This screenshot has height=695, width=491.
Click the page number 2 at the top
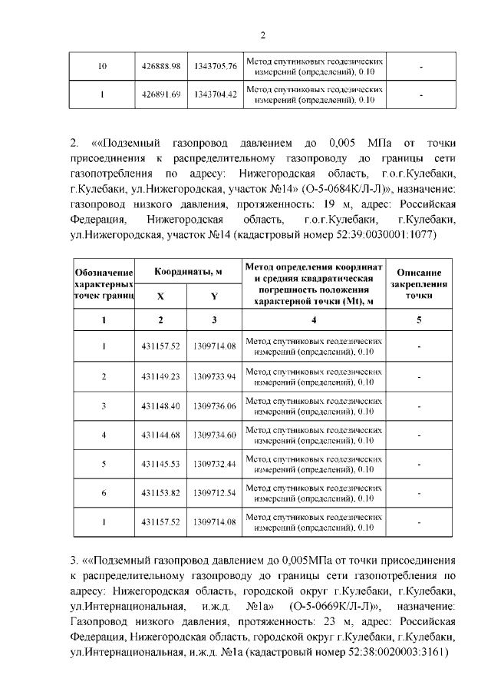click(x=262, y=35)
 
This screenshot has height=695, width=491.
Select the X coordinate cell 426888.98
click(x=160, y=66)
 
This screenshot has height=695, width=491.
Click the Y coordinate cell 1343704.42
click(x=215, y=95)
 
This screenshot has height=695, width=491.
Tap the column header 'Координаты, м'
click(x=188, y=273)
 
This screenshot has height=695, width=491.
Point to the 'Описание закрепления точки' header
click(x=418, y=283)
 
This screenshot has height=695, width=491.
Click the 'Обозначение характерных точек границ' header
click(x=104, y=284)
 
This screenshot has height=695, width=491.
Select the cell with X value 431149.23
click(x=160, y=376)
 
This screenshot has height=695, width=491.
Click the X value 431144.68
click(x=160, y=435)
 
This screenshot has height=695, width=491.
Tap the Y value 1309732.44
click(x=215, y=465)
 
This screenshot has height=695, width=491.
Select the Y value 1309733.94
click(x=215, y=376)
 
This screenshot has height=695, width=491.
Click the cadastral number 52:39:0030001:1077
click(x=383, y=235)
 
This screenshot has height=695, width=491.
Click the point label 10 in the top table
click(x=103, y=66)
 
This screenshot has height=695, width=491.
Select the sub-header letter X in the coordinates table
click(x=160, y=296)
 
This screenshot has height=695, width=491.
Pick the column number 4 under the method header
click(x=313, y=319)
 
